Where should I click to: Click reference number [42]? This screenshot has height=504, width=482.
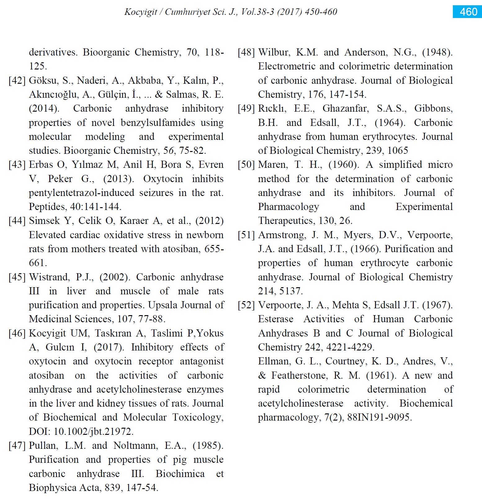tap(17, 80)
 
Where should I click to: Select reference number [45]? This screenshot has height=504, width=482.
tap(17, 277)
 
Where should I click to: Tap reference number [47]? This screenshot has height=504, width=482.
tap(17, 446)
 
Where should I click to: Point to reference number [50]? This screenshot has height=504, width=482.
tap(246, 165)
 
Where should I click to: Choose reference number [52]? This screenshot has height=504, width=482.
tap(246, 305)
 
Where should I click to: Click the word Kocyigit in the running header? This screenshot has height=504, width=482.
tap(141, 12)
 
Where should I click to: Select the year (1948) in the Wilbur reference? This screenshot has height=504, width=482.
tap(437, 52)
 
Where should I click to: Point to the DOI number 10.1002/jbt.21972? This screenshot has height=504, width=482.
tap(93, 431)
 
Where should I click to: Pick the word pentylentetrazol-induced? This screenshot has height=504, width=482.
tap(81, 193)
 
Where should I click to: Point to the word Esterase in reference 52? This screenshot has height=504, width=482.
tap(275, 319)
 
